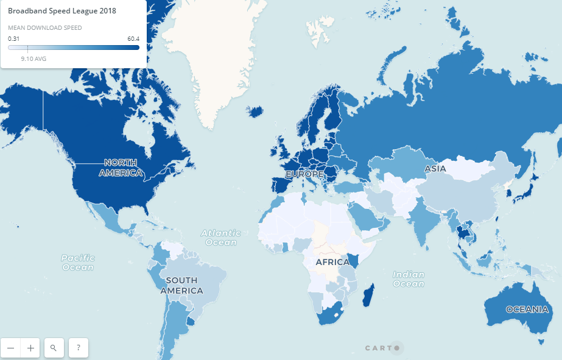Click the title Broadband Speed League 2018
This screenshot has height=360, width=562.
pos(61,11)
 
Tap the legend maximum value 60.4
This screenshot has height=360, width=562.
pos(133,38)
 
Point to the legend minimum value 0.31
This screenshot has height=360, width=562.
pos(13,38)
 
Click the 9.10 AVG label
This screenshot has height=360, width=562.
pos(33,59)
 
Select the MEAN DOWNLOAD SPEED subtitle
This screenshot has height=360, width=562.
pos(45,27)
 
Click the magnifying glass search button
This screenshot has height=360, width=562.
pos(54,348)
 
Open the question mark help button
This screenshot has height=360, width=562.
pos(79,348)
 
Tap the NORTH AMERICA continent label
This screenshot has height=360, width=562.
pos(121,168)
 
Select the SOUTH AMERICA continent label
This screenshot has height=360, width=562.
pos(181,285)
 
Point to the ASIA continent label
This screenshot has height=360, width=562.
pos(435,169)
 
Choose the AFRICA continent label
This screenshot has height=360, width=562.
pos(332,263)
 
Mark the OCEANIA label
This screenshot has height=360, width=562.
pos(527,309)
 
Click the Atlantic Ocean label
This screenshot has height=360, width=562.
pos(220,238)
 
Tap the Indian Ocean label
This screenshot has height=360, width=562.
pos(408,279)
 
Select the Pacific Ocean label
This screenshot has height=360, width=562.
pos(78,263)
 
